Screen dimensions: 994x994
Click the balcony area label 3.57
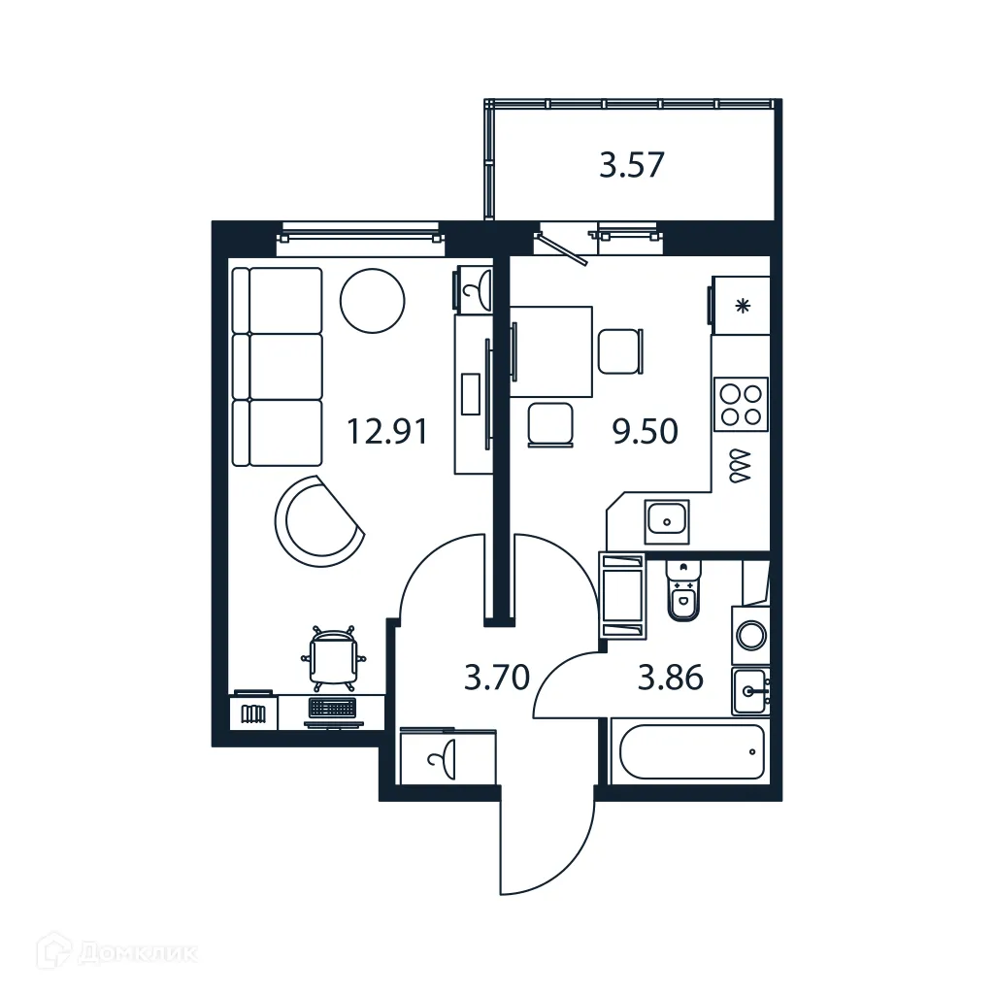[x=631, y=165]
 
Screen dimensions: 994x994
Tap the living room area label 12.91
[x=387, y=430]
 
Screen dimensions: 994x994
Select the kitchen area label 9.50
[x=644, y=430]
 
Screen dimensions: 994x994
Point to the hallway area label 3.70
[x=496, y=677]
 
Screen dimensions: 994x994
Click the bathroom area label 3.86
[x=670, y=677]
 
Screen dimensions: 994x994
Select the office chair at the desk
[x=333, y=658]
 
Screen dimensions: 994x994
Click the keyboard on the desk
[x=333, y=709]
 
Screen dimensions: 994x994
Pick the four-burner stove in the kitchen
[x=741, y=404]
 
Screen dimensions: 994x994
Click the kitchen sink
[x=667, y=522]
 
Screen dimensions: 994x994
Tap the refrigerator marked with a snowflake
[x=742, y=307]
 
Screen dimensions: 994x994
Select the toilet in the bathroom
[x=683, y=592]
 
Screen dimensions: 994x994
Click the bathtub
[x=691, y=751]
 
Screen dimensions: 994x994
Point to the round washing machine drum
[x=750, y=636]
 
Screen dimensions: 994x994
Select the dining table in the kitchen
[x=551, y=351]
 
